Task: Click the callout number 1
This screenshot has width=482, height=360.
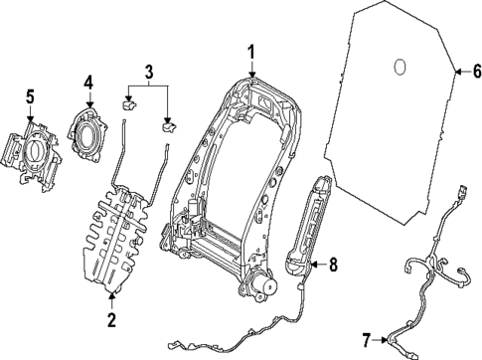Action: pyautogui.click(x=251, y=53)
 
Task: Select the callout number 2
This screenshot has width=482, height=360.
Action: pyautogui.click(x=111, y=319)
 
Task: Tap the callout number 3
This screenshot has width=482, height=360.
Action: pyautogui.click(x=149, y=71)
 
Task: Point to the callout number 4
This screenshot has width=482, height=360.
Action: pyautogui.click(x=88, y=83)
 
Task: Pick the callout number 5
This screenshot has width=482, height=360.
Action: pyautogui.click(x=30, y=96)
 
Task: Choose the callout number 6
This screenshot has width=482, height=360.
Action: pyautogui.click(x=474, y=71)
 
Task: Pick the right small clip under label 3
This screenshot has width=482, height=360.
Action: pyautogui.click(x=168, y=125)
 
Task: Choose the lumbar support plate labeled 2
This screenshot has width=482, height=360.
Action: pyautogui.click(x=117, y=239)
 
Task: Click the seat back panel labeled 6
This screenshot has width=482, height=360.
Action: pyautogui.click(x=398, y=119)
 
